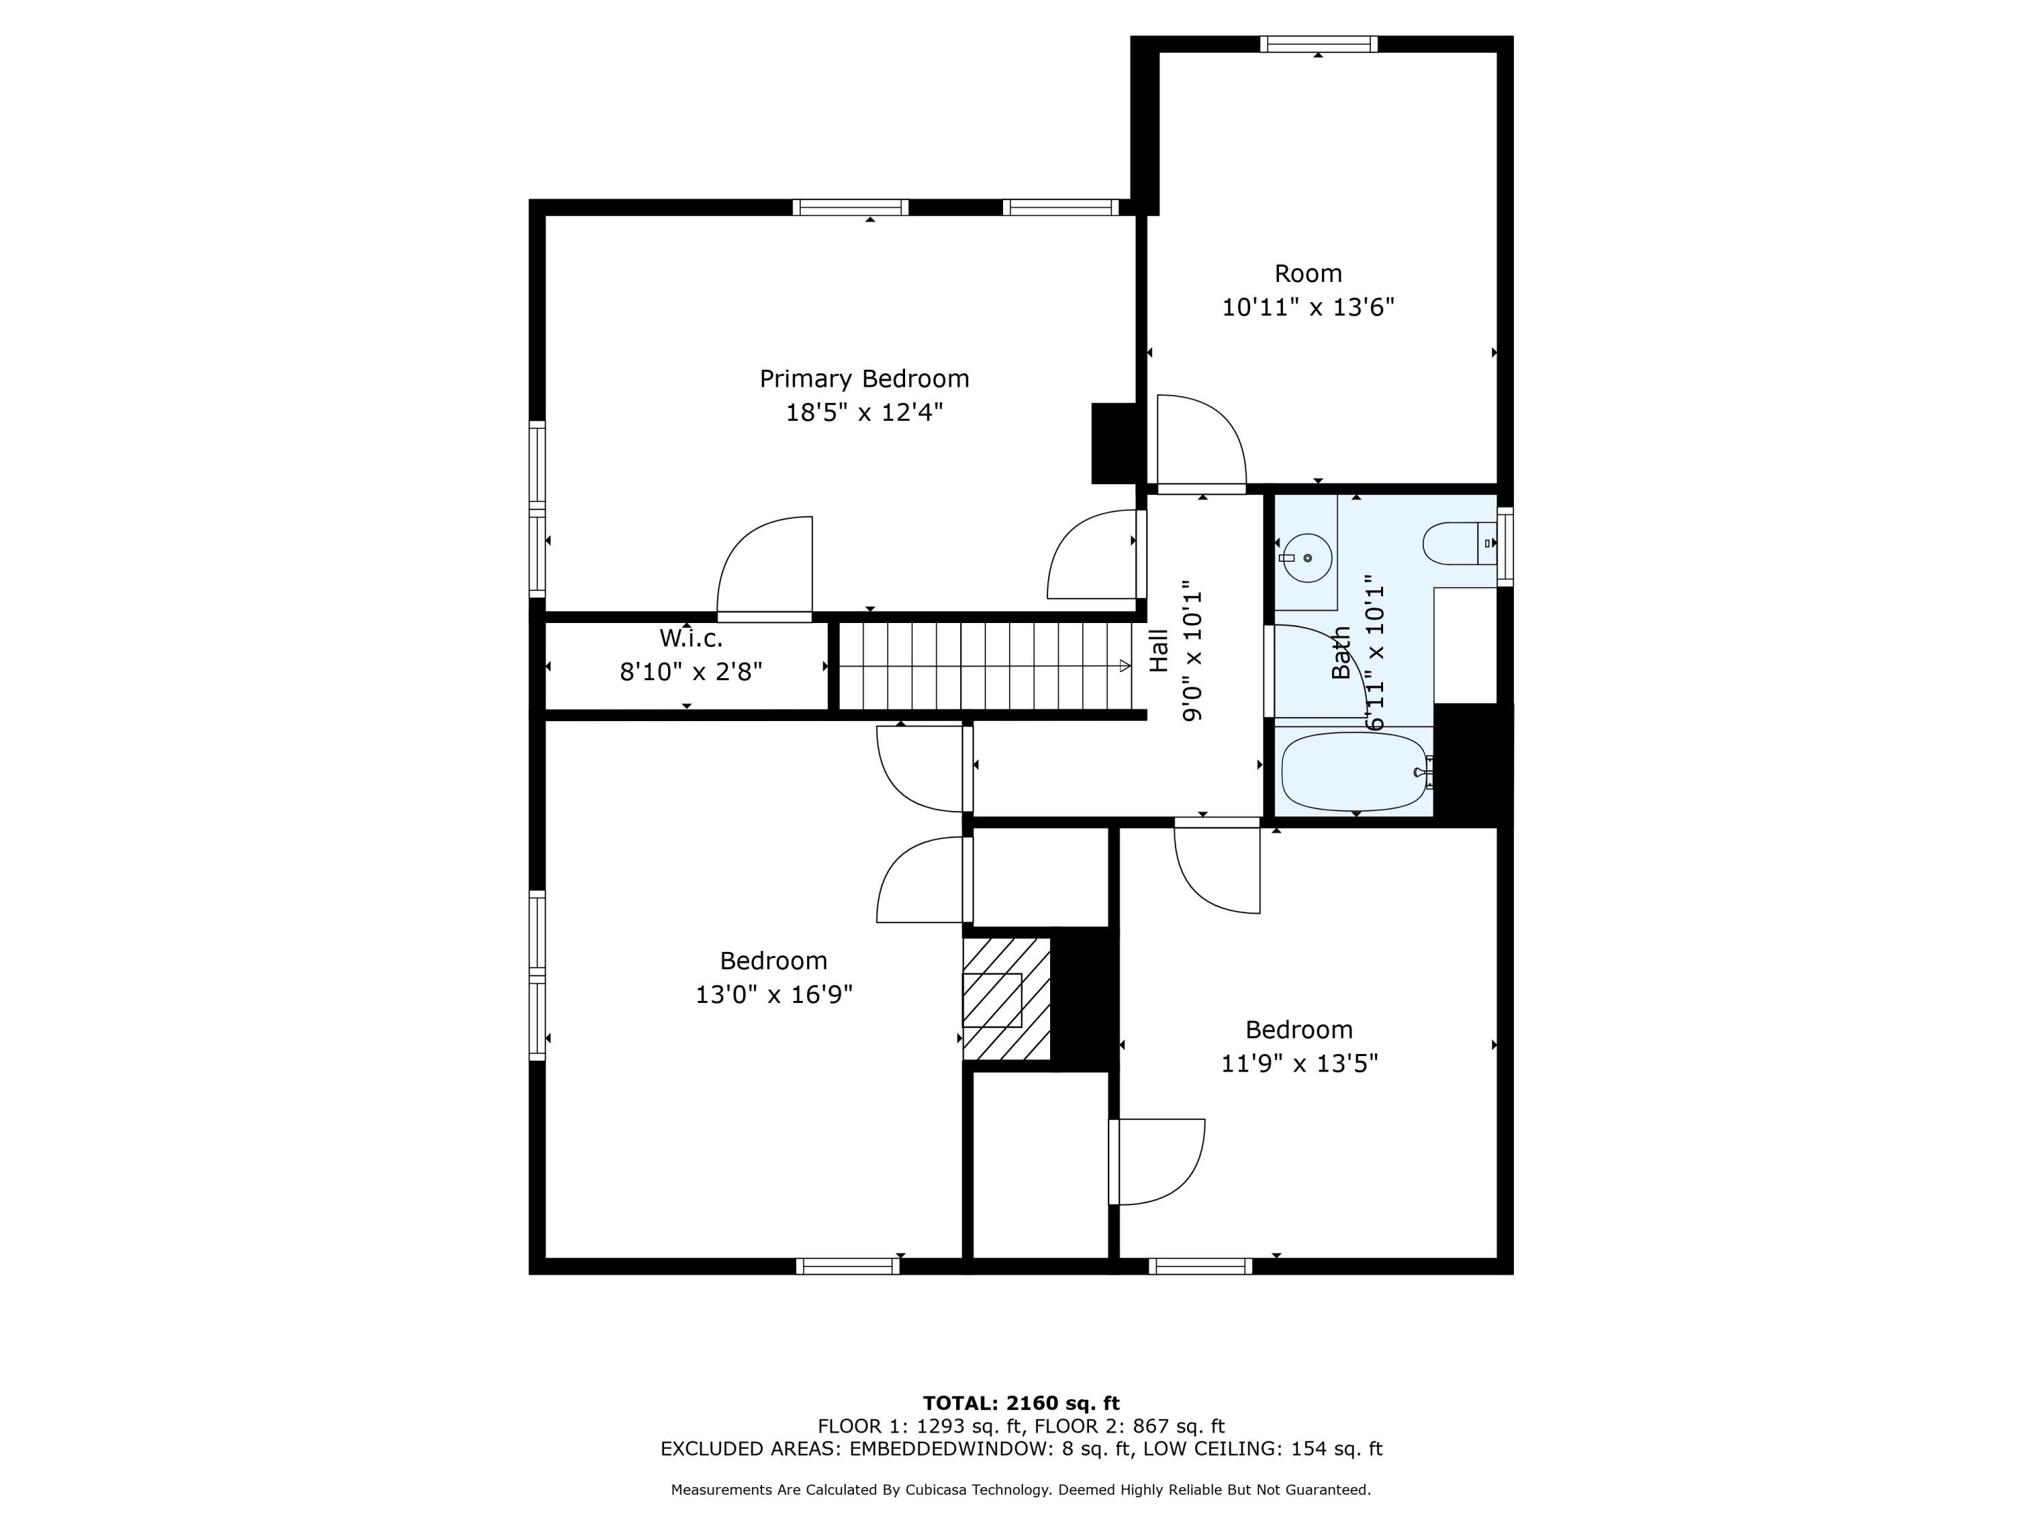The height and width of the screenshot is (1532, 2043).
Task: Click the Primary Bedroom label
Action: click(x=864, y=379)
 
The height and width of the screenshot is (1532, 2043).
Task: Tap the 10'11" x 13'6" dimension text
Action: click(x=1308, y=308)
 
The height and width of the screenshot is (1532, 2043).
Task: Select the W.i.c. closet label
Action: click(x=691, y=638)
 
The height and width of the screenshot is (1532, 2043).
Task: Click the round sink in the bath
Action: click(x=1306, y=558)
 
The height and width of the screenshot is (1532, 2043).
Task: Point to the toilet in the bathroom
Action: click(x=1459, y=543)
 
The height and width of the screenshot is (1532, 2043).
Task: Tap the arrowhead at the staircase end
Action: click(x=1125, y=666)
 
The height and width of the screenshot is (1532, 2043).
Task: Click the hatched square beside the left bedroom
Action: click(x=1007, y=999)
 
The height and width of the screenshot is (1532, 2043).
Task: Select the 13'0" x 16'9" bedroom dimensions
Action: click(x=774, y=995)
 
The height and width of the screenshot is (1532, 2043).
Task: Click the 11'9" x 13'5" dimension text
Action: click(x=1299, y=1064)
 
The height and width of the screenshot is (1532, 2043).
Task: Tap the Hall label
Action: click(x=1158, y=651)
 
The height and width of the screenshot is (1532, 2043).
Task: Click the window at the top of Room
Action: click(x=1319, y=44)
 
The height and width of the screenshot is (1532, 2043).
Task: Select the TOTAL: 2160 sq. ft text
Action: click(x=1022, y=1403)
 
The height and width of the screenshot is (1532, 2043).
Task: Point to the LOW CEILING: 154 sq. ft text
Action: click(x=1263, y=1449)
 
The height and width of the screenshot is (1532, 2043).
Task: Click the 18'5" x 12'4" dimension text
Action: click(x=864, y=413)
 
